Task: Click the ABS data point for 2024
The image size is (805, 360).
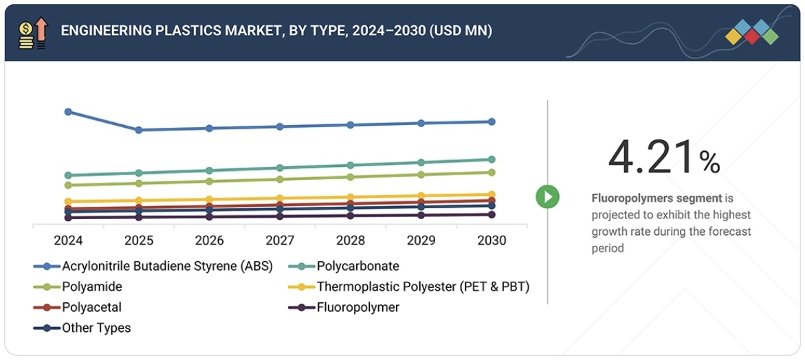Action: (68, 111)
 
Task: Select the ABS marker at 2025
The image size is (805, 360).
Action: (138, 130)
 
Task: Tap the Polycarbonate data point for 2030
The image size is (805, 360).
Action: (492, 159)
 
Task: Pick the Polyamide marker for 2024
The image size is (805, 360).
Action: (68, 185)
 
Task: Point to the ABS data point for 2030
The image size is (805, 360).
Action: (492, 122)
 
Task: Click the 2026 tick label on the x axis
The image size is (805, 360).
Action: (209, 240)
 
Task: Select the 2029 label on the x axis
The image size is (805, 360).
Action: (421, 240)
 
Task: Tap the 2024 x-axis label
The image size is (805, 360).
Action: (68, 240)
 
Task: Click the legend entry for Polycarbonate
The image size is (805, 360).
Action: (357, 266)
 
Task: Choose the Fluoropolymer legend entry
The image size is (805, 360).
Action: (357, 307)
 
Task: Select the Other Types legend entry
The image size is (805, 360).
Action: (96, 328)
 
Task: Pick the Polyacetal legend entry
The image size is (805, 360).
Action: (91, 307)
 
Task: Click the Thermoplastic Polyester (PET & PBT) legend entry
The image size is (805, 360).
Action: (422, 286)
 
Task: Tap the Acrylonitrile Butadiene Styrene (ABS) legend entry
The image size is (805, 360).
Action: (167, 266)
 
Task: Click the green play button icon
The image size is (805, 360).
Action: (547, 196)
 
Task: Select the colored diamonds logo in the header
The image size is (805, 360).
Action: (751, 32)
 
